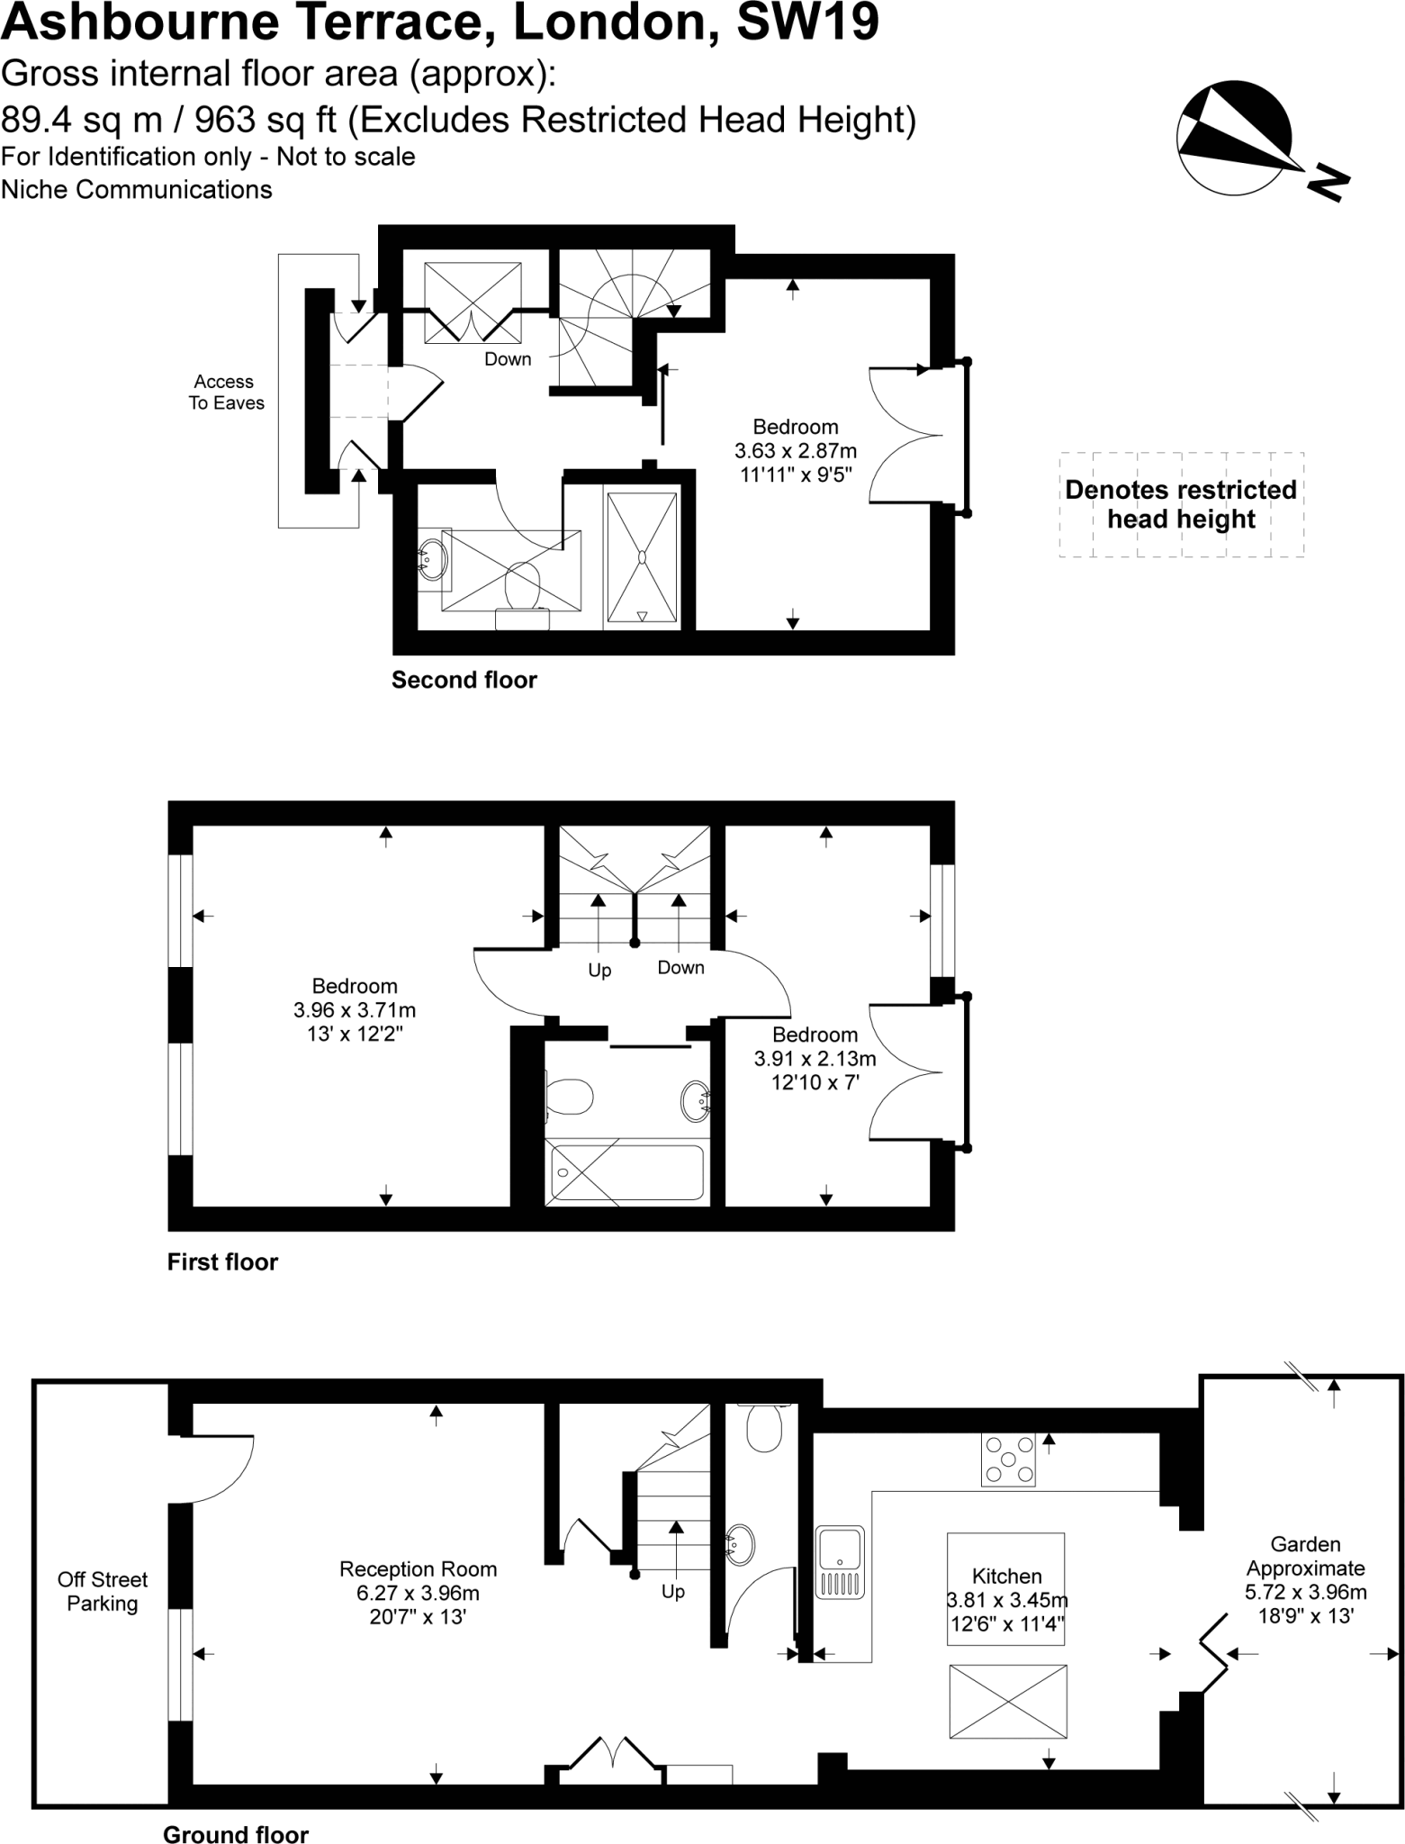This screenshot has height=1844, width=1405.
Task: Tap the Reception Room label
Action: (418, 1593)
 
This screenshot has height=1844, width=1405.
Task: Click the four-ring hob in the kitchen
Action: (1008, 1460)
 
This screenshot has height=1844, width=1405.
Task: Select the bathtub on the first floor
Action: (626, 1172)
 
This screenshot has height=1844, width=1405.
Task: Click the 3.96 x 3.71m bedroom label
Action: (355, 1009)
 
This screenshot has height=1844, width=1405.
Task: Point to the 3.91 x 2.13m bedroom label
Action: (815, 1058)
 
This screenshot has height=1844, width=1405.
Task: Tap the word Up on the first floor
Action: (599, 970)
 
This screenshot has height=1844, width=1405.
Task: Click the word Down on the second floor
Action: (508, 359)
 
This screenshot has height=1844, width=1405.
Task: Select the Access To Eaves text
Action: (225, 393)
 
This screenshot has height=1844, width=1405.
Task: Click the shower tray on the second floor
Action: (642, 557)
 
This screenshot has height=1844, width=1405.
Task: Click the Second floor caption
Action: (464, 680)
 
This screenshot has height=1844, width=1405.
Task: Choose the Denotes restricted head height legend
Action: (1181, 504)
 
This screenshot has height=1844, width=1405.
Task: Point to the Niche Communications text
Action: (137, 190)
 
